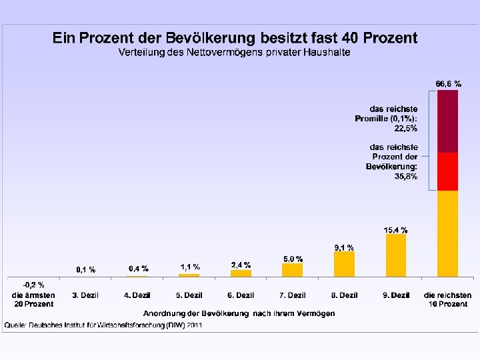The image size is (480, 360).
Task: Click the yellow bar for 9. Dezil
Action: pyautogui.click(x=396, y=255)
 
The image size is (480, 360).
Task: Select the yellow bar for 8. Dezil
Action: pyautogui.click(x=344, y=264)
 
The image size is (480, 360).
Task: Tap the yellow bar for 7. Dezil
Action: pyautogui.click(x=293, y=270)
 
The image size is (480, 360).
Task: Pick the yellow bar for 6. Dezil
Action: pyautogui.click(x=241, y=273)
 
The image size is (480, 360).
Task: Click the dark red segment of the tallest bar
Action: pyautogui.click(x=447, y=121)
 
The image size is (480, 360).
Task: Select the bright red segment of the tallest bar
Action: pyautogui.click(x=447, y=172)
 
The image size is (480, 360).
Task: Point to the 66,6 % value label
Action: pyautogui.click(x=449, y=84)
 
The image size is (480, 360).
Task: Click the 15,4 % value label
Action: pyautogui.click(x=395, y=230)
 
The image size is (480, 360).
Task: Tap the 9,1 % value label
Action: pyautogui.click(x=344, y=247)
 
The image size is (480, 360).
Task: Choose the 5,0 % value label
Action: pyautogui.click(x=293, y=259)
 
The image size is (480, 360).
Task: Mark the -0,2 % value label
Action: pyautogui.click(x=33, y=285)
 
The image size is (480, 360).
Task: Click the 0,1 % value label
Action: pyautogui.click(x=86, y=270)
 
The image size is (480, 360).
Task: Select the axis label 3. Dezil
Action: pyautogui.click(x=85, y=295)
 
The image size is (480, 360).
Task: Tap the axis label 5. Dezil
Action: pyautogui.click(x=189, y=295)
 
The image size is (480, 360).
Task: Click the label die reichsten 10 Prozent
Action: pyautogui.click(x=447, y=300)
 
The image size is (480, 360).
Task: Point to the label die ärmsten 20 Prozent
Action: pyautogui.click(x=33, y=300)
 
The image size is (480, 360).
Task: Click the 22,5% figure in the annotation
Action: pyautogui.click(x=405, y=128)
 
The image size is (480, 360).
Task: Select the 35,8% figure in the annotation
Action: pyautogui.click(x=405, y=176)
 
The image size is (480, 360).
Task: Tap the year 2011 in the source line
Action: pyautogui.click(x=195, y=325)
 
